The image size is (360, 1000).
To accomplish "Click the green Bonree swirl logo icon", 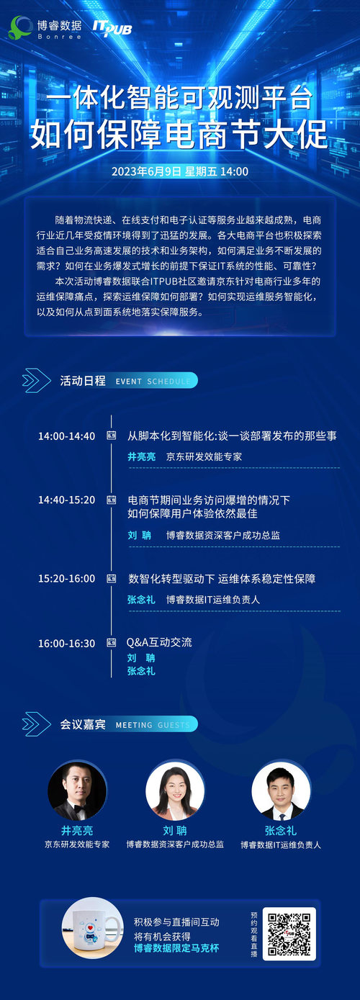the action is [x=20, y=27].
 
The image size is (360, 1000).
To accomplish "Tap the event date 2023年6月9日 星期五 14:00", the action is [x=179, y=171].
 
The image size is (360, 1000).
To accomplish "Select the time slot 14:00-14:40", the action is [x=66, y=436].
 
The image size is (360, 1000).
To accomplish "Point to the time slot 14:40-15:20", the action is [x=66, y=500].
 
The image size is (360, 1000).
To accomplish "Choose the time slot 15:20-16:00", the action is [x=66, y=579].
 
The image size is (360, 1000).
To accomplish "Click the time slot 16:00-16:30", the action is [x=66, y=644].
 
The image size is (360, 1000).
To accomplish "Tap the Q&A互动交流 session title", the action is [x=159, y=642].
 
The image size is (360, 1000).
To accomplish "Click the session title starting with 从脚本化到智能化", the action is [x=233, y=436].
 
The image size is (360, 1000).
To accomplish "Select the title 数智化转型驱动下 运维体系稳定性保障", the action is [x=222, y=579].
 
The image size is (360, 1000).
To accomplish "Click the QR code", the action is [x=289, y=934].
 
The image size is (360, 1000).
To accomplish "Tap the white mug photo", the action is [x=92, y=928].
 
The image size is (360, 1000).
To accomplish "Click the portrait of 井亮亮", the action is [x=77, y=790].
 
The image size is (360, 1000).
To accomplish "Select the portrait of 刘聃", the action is [x=175, y=790].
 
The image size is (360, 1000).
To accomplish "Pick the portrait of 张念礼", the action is [x=281, y=790].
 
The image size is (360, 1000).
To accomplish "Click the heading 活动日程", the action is [x=83, y=380].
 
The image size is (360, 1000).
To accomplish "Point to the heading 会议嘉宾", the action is [x=83, y=724].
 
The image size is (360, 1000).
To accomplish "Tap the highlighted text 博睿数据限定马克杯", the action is [x=176, y=948].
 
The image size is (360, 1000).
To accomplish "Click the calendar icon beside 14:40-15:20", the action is [x=111, y=500].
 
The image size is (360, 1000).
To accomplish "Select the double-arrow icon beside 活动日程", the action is [x=36, y=380].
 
